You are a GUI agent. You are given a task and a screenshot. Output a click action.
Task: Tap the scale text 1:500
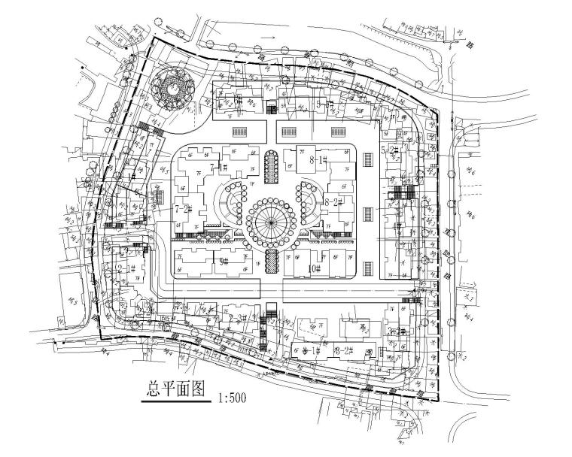(x=232, y=395)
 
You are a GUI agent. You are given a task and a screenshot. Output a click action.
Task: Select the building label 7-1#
(x=220, y=167)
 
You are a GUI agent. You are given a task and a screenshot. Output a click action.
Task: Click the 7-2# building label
(x=184, y=208)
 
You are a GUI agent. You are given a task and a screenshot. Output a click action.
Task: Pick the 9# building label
(x=224, y=261)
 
